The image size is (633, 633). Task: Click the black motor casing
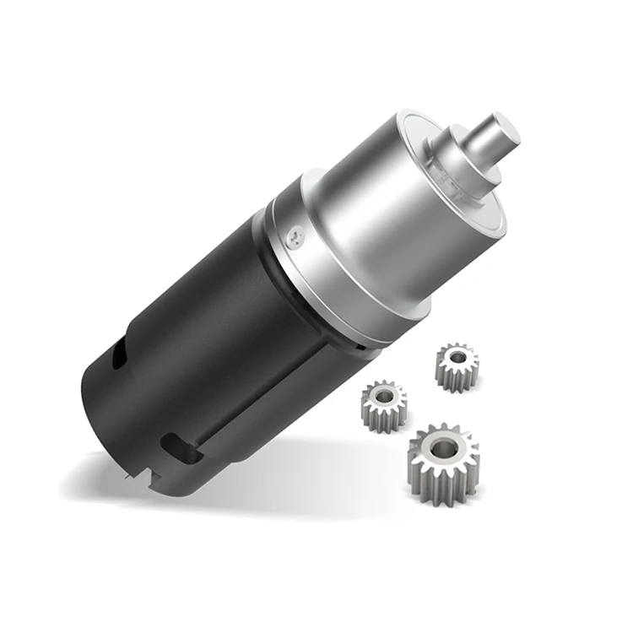[x=194, y=338]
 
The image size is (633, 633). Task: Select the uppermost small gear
[x=457, y=365]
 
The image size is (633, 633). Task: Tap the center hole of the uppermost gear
[x=457, y=359]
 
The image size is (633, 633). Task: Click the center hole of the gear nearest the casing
[x=384, y=398]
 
